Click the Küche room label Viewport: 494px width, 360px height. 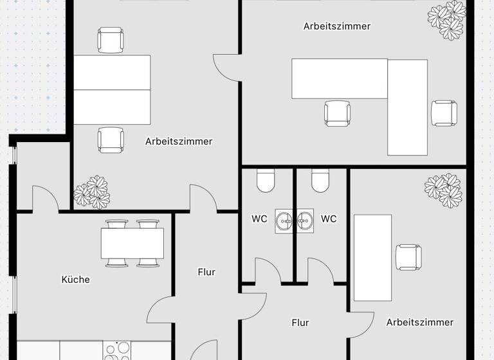pyautogui.click(x=75, y=280)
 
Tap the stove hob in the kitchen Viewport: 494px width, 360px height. pyautogui.click(x=117, y=350)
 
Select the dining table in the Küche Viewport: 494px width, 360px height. pyautogui.click(x=132, y=243)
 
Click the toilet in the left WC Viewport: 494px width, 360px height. pyautogui.click(x=265, y=181)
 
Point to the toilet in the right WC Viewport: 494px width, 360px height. pyautogui.click(x=320, y=181)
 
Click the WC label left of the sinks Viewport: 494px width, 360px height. pyautogui.click(x=259, y=219)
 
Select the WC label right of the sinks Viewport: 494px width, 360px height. pyautogui.click(x=329, y=219)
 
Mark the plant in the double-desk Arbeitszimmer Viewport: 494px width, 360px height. pyautogui.click(x=91, y=192)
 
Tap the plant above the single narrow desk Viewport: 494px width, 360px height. pyautogui.click(x=444, y=188)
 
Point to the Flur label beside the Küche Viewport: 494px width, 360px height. pyautogui.click(x=206, y=272)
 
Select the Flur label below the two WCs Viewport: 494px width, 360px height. pyautogui.click(x=300, y=323)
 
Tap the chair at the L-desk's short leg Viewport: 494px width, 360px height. pyautogui.click(x=444, y=113)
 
